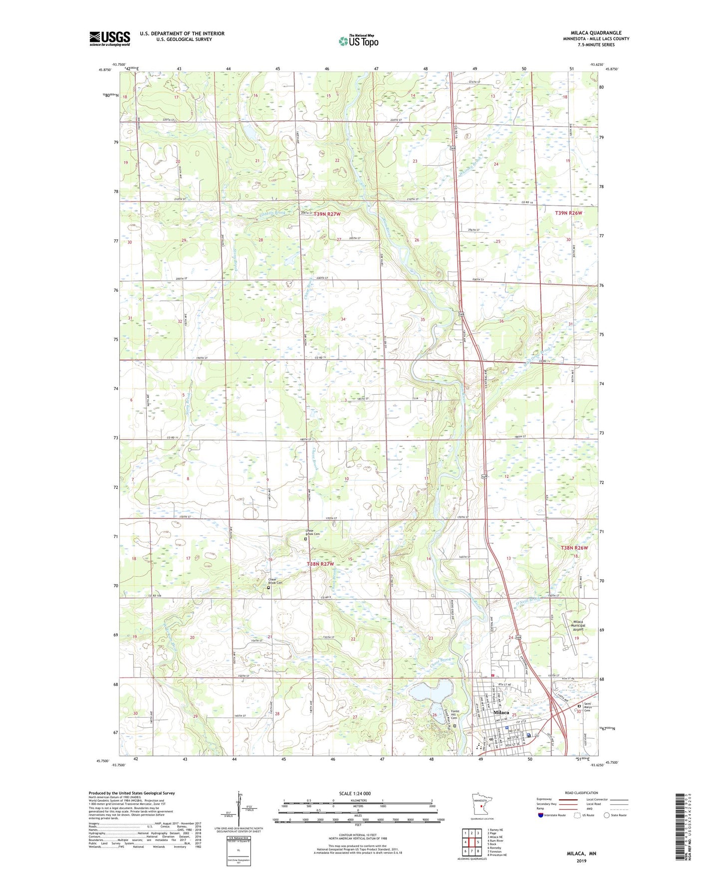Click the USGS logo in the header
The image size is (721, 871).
(x=110, y=38)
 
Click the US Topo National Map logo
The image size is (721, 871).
(x=358, y=40)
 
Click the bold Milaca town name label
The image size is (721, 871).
(x=500, y=712)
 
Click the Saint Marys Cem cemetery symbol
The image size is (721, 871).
(x=579, y=706)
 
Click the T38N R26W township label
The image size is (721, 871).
(x=574, y=548)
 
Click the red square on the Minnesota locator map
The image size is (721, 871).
(x=481, y=805)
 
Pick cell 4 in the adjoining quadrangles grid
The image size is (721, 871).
(x=465, y=842)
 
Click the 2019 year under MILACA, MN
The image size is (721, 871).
(x=581, y=861)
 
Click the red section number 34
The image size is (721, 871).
(x=343, y=319)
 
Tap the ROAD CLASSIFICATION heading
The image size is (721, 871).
(x=581, y=793)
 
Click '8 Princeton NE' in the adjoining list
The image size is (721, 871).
(x=497, y=855)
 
